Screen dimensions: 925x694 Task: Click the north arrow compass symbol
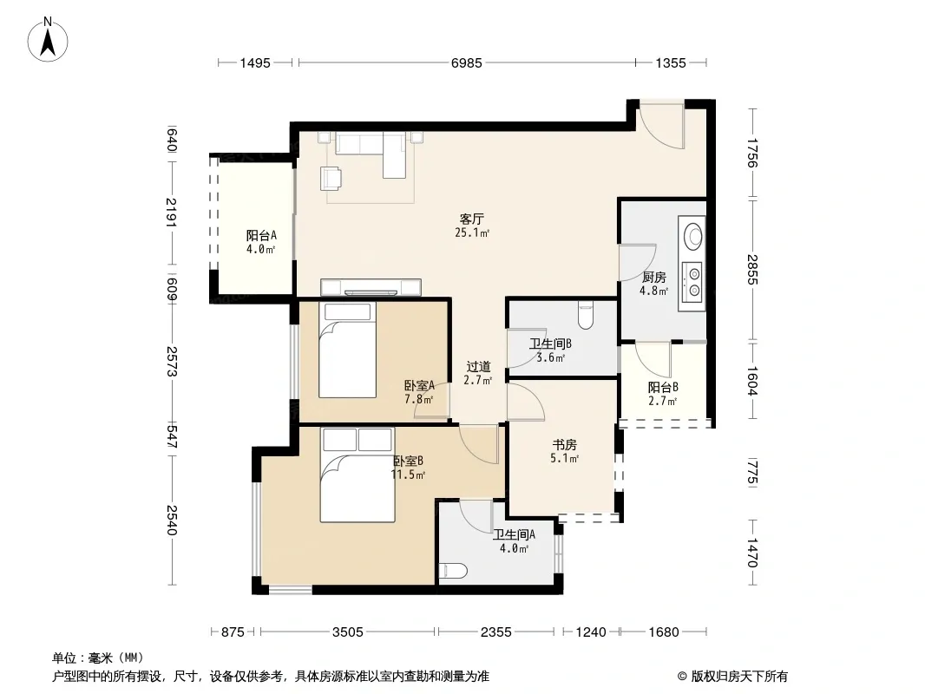(48, 40)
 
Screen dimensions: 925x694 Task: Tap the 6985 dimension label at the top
(467, 62)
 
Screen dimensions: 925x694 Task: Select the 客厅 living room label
(471, 219)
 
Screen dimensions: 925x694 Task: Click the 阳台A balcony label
(261, 236)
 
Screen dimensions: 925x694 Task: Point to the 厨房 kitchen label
(653, 277)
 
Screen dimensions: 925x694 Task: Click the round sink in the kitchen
(692, 236)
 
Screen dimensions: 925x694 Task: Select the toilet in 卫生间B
(585, 315)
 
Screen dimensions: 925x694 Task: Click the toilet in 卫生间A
(453, 571)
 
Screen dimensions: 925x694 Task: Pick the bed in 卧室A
(347, 350)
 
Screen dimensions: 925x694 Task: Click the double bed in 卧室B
(358, 475)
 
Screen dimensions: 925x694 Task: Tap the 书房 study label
(564, 444)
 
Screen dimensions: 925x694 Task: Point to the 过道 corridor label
(478, 367)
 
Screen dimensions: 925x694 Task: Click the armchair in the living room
(331, 178)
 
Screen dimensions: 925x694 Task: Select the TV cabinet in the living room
(371, 287)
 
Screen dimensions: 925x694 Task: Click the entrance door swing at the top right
(663, 125)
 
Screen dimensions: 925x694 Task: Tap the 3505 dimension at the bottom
(347, 632)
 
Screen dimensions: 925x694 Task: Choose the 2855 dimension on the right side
(751, 270)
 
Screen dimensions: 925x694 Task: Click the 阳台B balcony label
(662, 388)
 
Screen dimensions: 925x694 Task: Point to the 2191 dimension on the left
(171, 213)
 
